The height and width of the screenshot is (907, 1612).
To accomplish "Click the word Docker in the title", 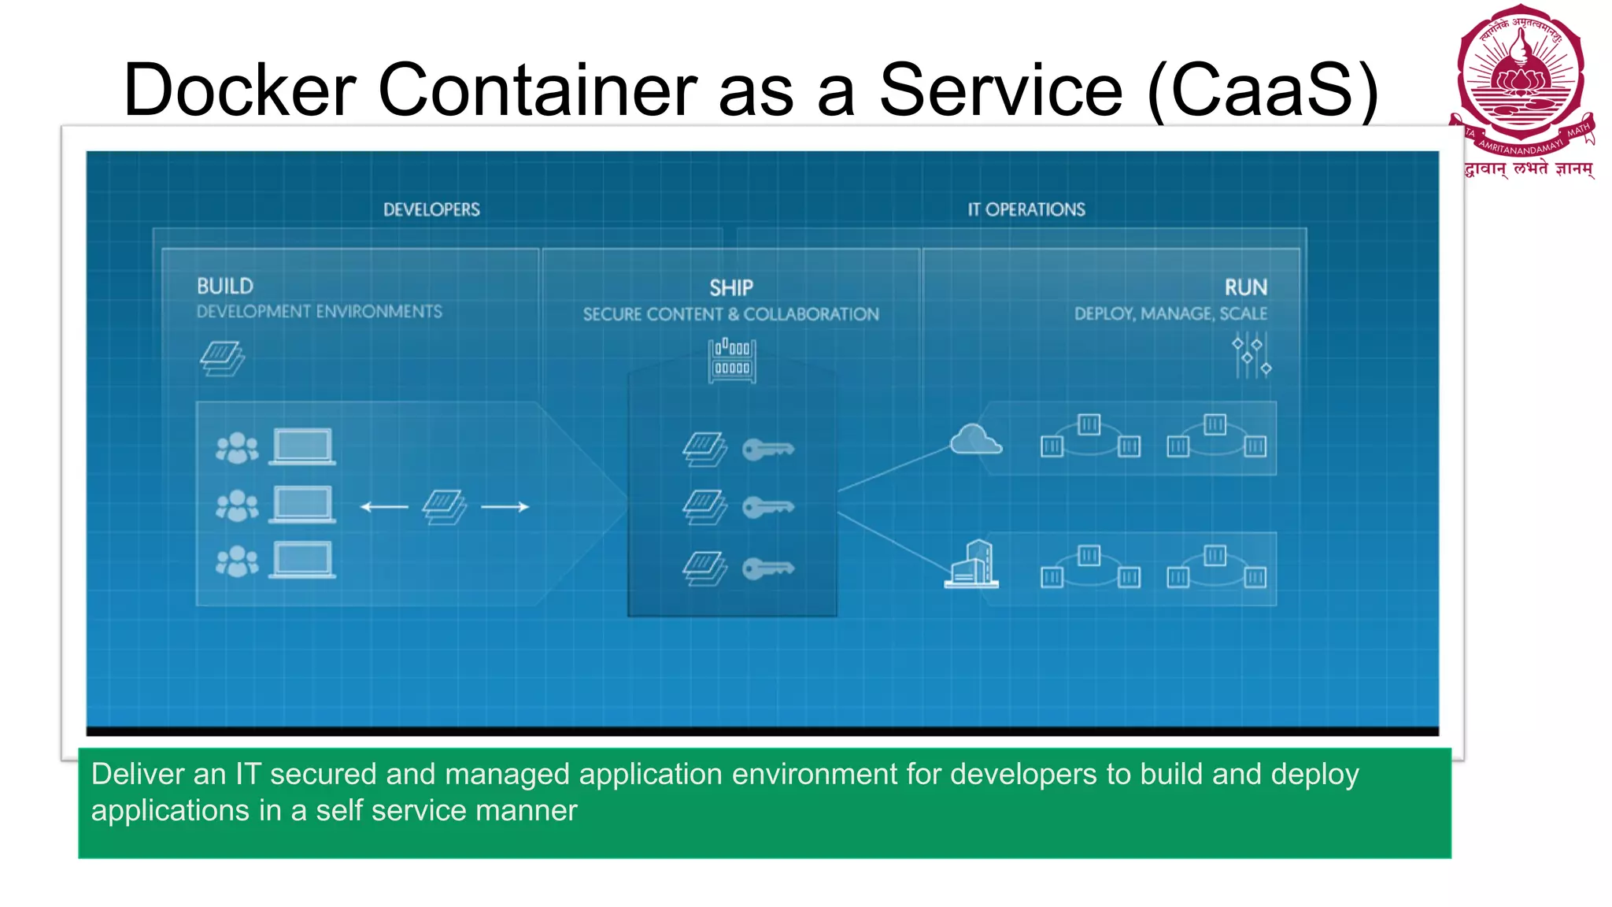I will (x=239, y=90).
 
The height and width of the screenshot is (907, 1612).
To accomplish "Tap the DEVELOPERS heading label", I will (x=431, y=209).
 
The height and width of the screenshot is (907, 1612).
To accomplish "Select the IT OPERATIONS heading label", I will (x=1026, y=209).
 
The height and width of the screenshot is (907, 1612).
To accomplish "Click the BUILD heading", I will (x=225, y=286).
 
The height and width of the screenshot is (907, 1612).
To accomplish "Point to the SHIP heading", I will (x=731, y=288).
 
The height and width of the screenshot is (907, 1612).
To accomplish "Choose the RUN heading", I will (x=1246, y=287).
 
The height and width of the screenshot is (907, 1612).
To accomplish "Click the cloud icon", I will (x=975, y=440).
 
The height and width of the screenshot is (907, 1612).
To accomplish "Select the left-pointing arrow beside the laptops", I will (x=384, y=507).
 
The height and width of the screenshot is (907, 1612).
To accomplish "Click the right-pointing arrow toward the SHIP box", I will (x=505, y=507).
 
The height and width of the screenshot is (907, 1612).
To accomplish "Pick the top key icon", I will (x=768, y=450).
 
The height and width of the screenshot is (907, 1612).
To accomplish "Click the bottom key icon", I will (x=768, y=568).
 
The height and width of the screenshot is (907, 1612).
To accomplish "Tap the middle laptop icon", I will (x=302, y=505).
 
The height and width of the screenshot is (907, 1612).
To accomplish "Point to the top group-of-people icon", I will (x=237, y=448).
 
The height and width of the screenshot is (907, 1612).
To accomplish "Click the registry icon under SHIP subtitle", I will (x=732, y=361).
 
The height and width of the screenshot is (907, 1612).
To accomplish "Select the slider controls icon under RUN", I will (x=1251, y=356).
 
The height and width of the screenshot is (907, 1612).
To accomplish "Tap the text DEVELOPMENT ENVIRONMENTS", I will (x=320, y=312).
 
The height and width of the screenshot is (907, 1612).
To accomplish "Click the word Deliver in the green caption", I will (x=137, y=775).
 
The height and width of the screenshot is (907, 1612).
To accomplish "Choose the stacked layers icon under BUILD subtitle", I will (x=222, y=358).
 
